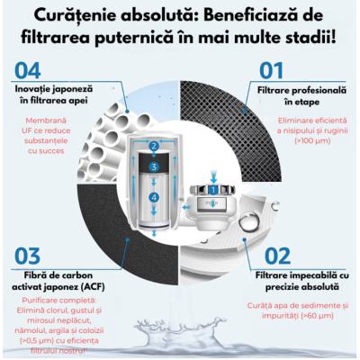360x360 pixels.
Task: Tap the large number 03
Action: [30, 254]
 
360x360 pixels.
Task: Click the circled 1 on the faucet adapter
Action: [213, 191]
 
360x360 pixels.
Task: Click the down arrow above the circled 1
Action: [213, 174]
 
